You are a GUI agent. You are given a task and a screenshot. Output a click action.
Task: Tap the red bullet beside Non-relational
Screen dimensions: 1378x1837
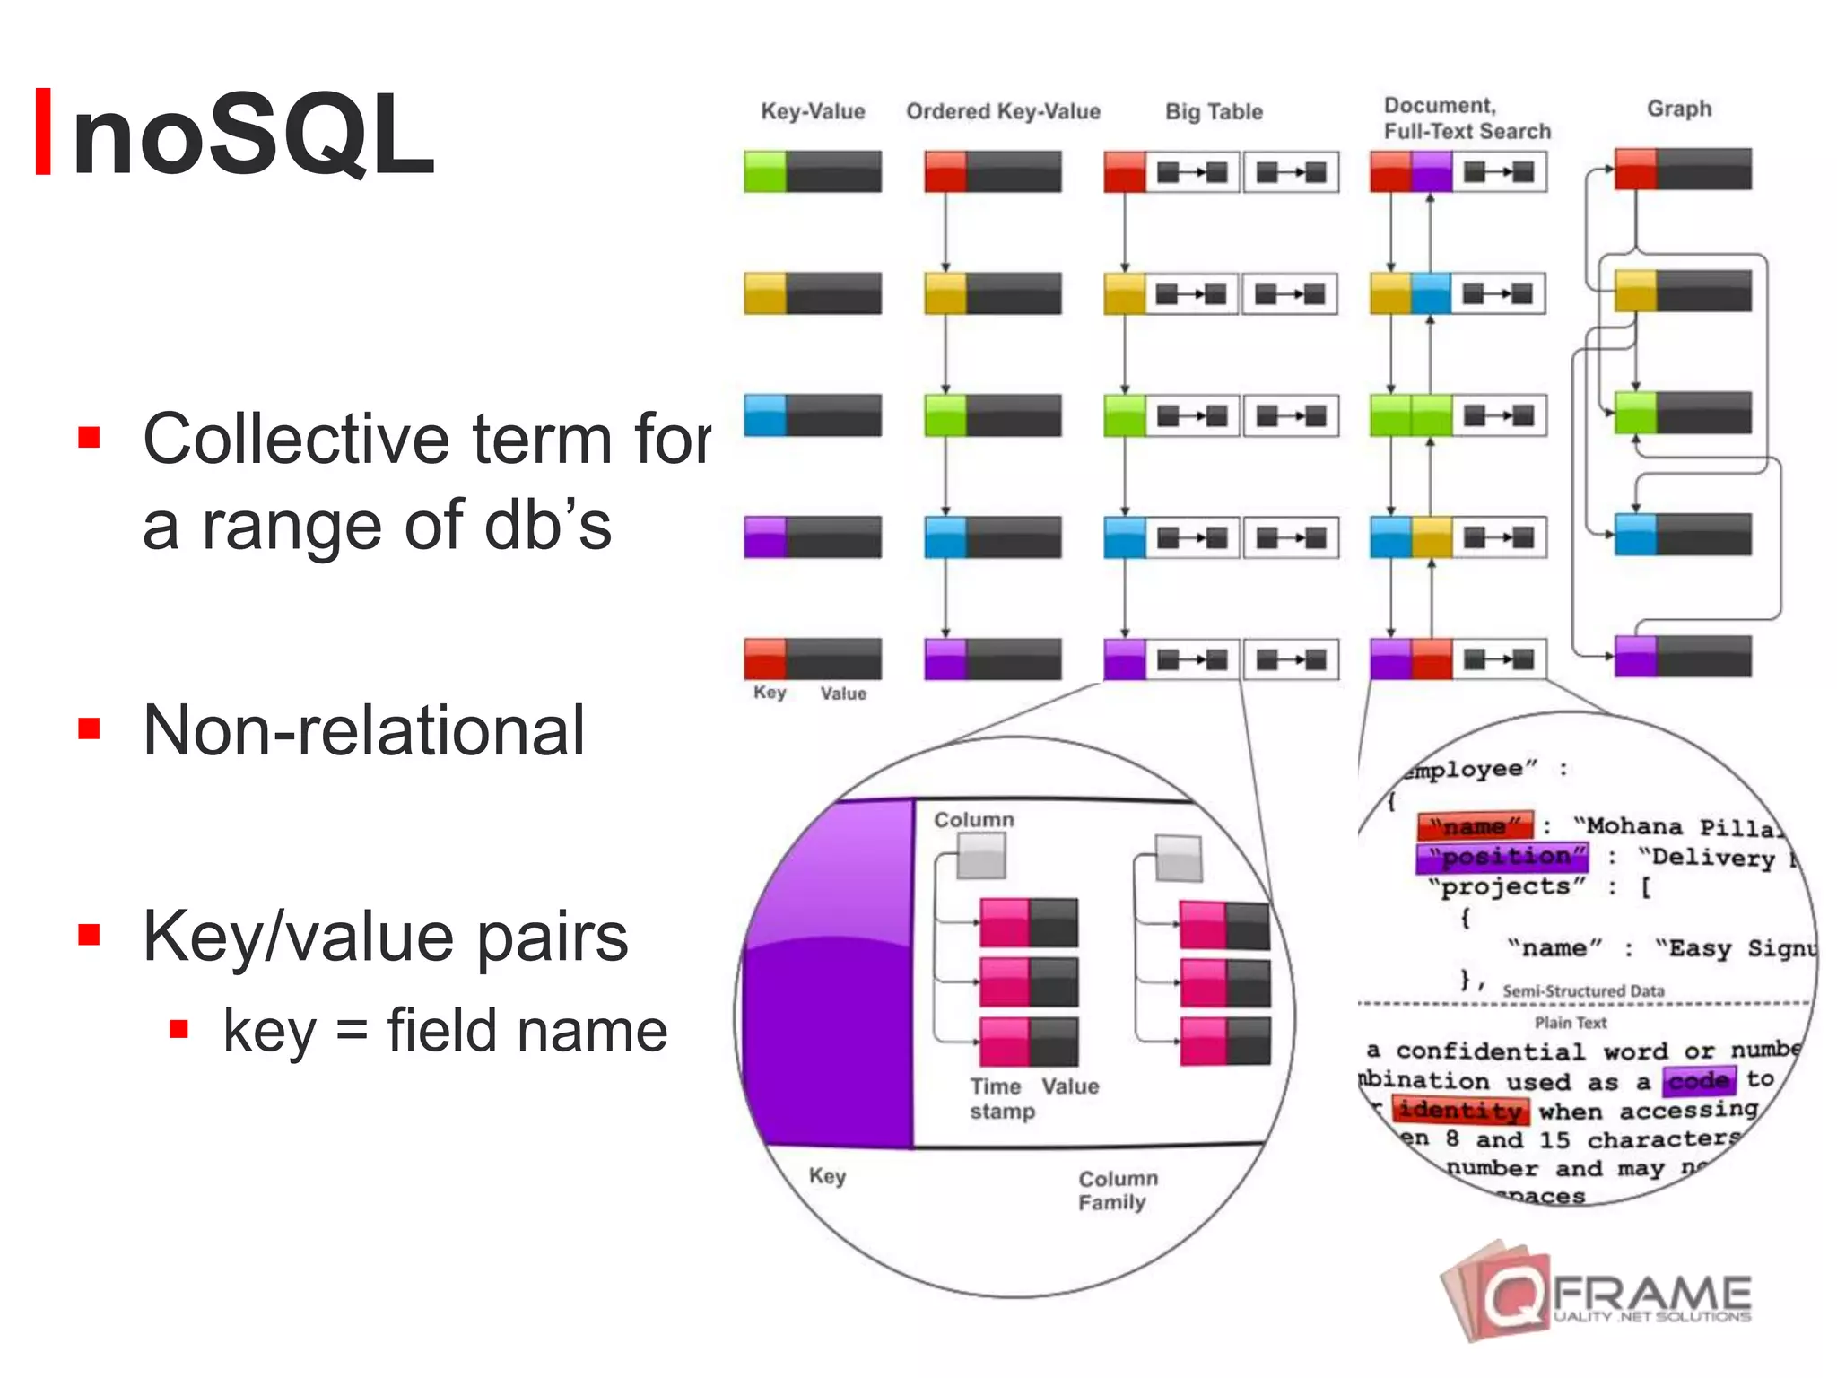tap(89, 728)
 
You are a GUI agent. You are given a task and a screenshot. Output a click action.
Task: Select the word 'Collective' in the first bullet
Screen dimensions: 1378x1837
tap(296, 440)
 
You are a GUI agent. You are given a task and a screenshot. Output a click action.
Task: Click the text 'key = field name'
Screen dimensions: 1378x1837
tap(445, 1030)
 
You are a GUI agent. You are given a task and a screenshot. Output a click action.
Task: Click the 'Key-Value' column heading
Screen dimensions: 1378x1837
tap(813, 111)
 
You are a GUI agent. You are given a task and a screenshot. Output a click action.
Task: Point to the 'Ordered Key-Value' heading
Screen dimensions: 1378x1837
tap(1003, 111)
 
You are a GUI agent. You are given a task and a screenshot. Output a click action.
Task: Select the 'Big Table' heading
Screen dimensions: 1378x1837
tap(1214, 112)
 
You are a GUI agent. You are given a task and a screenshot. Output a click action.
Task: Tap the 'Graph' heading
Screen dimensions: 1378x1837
tap(1679, 109)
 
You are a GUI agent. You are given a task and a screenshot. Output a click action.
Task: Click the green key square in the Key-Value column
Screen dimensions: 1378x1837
tap(765, 171)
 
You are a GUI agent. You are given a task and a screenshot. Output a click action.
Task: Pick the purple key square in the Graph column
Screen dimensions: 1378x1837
tap(1635, 656)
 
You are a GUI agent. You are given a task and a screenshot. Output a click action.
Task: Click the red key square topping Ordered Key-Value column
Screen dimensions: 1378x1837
tap(945, 171)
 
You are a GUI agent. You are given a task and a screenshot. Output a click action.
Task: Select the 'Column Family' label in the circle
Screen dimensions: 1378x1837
tap(1117, 1190)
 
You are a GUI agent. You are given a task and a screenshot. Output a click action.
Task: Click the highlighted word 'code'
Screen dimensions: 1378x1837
tap(1699, 1080)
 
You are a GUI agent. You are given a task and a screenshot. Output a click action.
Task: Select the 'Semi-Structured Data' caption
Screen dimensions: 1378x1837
tap(1583, 991)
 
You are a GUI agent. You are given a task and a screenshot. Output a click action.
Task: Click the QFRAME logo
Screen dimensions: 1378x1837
tap(1597, 1293)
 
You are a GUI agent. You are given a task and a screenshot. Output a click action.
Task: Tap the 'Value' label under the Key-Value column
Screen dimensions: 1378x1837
tap(843, 693)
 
